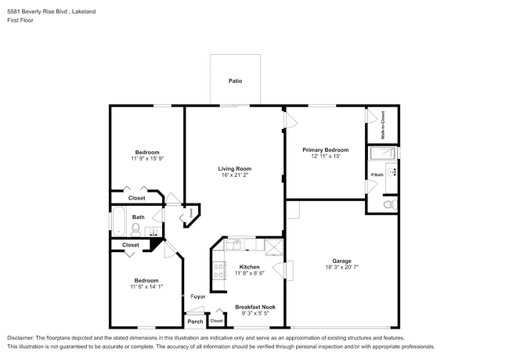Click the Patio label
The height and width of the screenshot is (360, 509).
pos(235,81)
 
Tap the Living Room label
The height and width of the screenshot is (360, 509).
pos(235,168)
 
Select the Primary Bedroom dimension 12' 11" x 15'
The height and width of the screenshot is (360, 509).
pos(326,156)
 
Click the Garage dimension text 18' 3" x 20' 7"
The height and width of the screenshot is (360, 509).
pos(342,267)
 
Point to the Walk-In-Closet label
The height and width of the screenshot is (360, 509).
pos(383,125)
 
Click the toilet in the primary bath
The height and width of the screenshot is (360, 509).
pos(390,204)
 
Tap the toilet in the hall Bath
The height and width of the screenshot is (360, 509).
pos(135,230)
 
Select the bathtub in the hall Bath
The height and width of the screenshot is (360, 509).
pos(118,221)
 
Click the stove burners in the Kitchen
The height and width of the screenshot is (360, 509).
pos(218,271)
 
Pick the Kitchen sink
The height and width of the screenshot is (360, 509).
pos(233,244)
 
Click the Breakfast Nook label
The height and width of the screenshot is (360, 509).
pos(255,307)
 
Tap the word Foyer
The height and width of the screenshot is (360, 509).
pos(197,297)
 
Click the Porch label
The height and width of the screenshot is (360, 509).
pos(196,322)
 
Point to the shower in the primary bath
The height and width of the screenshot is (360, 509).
pos(383,153)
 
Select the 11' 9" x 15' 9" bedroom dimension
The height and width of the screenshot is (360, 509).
pos(147,159)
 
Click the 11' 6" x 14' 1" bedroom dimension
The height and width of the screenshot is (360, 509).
pos(146,286)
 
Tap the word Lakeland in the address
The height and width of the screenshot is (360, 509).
pos(84,12)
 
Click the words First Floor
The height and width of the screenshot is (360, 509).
pos(20,20)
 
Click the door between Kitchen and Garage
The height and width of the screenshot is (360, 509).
pos(283,270)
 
